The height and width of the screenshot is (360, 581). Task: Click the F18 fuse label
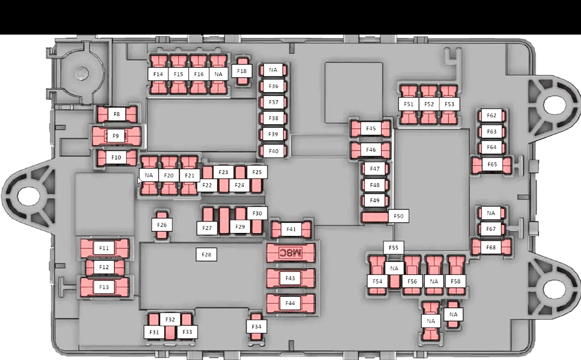tap(242, 71)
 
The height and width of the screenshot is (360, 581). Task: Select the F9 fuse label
tap(116, 136)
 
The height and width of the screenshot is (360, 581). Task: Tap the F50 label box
tap(398, 216)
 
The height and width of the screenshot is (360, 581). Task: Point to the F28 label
tap(206, 254)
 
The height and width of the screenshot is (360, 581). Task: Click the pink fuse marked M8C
tap(291, 253)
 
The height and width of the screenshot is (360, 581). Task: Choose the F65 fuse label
tap(492, 165)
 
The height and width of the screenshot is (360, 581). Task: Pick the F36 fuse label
tap(273, 86)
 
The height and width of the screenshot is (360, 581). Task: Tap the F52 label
tap(429, 104)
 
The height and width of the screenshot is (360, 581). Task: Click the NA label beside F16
tap(219, 74)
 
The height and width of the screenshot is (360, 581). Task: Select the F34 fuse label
tap(256, 327)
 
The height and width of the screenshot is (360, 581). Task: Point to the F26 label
tap(162, 225)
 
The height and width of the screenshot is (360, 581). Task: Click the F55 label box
tap(394, 248)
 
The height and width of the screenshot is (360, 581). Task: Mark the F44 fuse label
tap(290, 303)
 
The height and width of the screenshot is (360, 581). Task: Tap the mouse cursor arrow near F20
tap(140, 181)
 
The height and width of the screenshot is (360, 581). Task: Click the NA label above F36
tap(273, 70)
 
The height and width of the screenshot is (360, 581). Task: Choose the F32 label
tap(170, 319)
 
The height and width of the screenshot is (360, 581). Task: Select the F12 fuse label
tap(104, 267)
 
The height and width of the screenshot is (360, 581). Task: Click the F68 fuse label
tap(491, 247)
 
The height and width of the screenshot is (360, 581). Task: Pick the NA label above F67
tap(491, 213)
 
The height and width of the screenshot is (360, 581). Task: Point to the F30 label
tap(257, 214)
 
